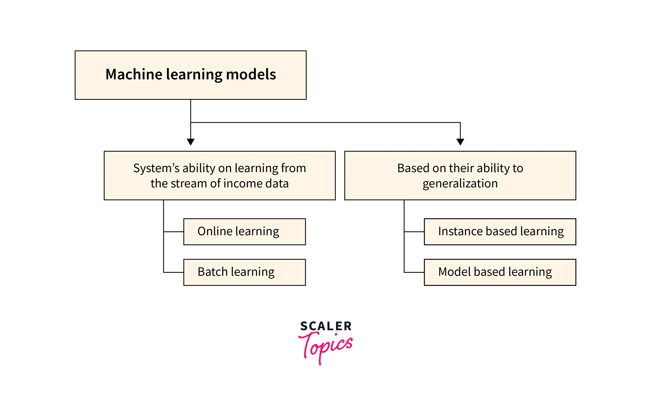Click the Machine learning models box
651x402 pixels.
point(191,75)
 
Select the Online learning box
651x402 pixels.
point(244,232)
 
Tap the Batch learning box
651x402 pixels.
point(244,272)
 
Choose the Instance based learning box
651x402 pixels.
point(500,232)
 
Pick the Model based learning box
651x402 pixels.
point(500,272)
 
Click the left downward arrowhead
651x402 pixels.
point(191,142)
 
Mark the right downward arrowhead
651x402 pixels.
point(460,142)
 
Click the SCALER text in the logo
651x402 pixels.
point(326,326)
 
